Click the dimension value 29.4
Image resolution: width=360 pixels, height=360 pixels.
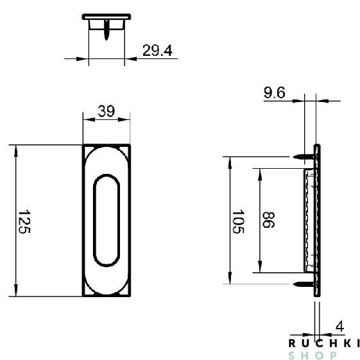click(x=157, y=51)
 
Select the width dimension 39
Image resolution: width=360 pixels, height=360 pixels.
click(x=106, y=111)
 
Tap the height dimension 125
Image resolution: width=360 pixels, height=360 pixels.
click(x=24, y=221)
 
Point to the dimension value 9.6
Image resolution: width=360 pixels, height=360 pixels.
click(x=274, y=93)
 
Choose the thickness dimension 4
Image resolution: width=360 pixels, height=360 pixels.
click(x=339, y=326)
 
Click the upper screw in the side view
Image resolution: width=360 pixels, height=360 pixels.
click(x=305, y=155)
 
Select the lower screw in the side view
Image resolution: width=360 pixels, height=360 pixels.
click(x=305, y=284)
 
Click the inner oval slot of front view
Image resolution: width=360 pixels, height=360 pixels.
click(x=106, y=219)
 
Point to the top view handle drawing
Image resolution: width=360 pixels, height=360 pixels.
click(x=106, y=22)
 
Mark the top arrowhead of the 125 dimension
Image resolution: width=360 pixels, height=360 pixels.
click(x=15, y=150)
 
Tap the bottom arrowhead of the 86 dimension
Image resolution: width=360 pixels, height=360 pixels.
click(x=259, y=268)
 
